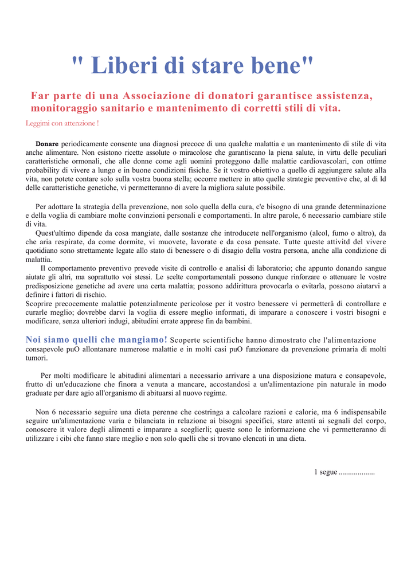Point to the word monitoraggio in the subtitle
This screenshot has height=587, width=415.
65,108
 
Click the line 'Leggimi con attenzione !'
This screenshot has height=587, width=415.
62,123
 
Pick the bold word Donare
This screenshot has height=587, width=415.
47,144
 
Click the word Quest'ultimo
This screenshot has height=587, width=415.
57,233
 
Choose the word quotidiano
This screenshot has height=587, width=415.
44,251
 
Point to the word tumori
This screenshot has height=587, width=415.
37,358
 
